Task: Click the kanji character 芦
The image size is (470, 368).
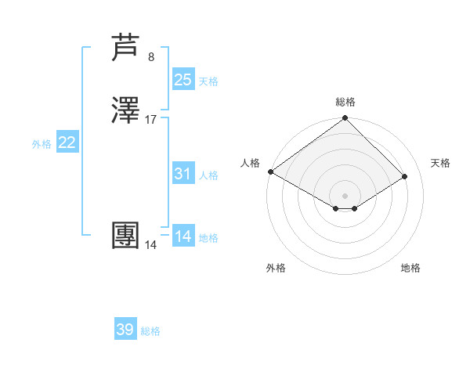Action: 128,49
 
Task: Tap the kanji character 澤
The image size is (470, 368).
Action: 128,111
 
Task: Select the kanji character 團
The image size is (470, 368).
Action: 128,236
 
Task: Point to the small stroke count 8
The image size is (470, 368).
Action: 151,56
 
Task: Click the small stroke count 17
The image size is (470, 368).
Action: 151,119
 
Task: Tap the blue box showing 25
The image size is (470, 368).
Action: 183,79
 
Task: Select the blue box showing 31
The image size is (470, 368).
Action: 183,174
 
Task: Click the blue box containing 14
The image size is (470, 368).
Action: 183,236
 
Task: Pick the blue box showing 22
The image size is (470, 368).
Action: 67,143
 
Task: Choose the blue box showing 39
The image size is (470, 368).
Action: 125,330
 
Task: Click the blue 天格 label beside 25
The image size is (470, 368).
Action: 208,81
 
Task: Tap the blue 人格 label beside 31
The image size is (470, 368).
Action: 208,175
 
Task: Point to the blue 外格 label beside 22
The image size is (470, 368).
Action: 42,144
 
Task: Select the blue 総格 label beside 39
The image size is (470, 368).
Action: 150,331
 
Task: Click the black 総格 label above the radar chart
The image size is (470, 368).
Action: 345,102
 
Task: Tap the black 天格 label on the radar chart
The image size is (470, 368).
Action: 440,163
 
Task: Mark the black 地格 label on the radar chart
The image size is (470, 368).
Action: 410,268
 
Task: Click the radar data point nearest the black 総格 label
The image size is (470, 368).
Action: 345,119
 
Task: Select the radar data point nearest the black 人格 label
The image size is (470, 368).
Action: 270,171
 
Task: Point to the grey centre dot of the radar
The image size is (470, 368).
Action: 345,195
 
